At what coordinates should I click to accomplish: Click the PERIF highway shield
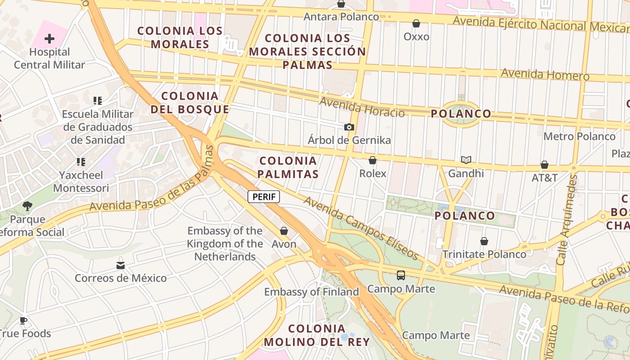pos(264,197)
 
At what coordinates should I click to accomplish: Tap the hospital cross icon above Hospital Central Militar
pos(49,39)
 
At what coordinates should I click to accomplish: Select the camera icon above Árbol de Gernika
pos(349,127)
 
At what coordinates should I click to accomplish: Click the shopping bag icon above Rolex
pos(373,160)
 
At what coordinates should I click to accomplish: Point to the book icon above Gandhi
pos(466,160)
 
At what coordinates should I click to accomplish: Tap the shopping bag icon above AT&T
pos(544,165)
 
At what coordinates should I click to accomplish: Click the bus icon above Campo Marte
pos(401,275)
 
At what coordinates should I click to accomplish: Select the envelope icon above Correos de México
pos(121,265)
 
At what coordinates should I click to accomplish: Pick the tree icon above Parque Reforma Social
pos(27,206)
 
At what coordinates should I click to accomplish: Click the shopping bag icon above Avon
pos(284,231)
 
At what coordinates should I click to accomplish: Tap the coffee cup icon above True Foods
pos(23,321)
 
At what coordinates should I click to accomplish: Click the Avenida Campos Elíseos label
pos(361,227)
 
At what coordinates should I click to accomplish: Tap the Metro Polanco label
pos(580,136)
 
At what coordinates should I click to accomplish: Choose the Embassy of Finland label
pos(311,292)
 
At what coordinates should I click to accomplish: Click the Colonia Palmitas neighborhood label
pos(289,167)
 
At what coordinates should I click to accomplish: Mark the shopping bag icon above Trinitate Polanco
pos(484,242)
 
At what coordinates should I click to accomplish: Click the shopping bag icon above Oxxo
pos(416,23)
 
